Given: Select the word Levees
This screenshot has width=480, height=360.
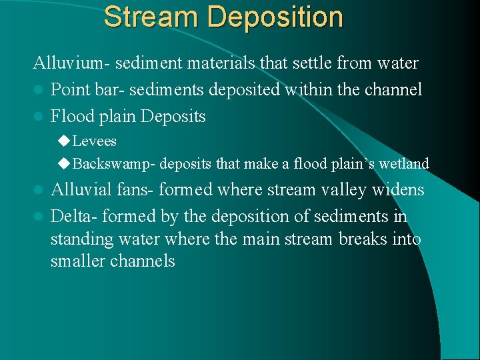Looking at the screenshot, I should [95, 141].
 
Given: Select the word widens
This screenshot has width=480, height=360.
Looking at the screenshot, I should [401, 190].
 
